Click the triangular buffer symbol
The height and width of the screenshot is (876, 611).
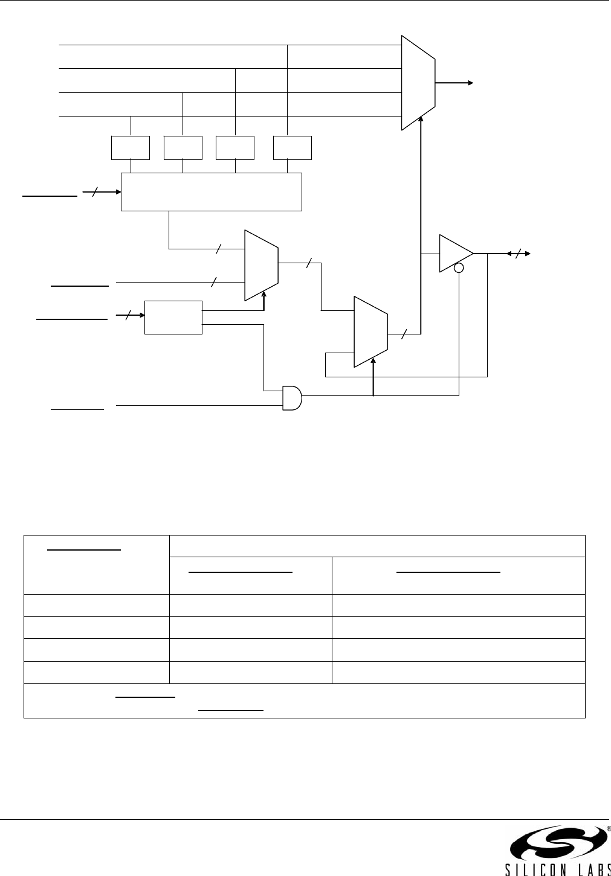coord(454,254)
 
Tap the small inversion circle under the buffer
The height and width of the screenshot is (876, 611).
coord(459,268)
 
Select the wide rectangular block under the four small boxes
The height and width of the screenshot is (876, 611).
coord(211,192)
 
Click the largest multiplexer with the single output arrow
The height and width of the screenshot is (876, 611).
coord(418,83)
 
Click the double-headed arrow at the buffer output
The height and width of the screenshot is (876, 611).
coord(519,254)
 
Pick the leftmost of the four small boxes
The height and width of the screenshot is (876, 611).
coord(131,148)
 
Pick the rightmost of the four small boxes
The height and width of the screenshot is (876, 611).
coord(293,148)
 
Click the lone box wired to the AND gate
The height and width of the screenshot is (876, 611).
coord(173,317)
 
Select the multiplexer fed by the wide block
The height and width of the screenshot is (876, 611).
coord(261,265)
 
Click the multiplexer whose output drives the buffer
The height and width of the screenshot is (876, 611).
coord(370,331)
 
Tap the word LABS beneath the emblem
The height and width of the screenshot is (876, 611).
coord(589,869)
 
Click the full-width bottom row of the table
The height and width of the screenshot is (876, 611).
coord(304,700)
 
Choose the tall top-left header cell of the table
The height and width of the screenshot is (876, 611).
coord(96,564)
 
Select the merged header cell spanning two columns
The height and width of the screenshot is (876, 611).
coord(377,546)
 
